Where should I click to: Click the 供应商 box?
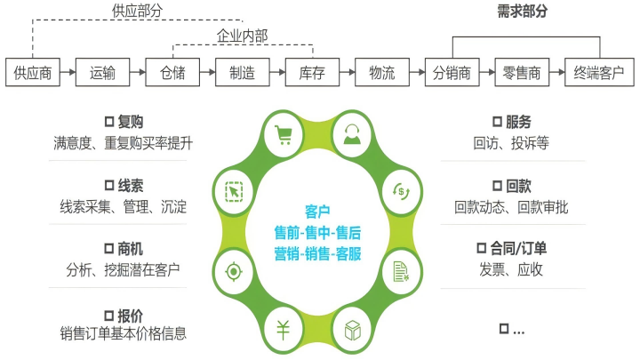(x=33, y=74)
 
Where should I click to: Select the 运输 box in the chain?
(x=102, y=74)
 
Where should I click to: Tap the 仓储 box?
(x=172, y=74)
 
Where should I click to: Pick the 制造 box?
(x=242, y=74)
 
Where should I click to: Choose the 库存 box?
(x=312, y=74)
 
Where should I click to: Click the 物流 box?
(x=381, y=74)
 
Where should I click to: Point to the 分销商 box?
(x=452, y=74)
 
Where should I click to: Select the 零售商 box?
(x=522, y=74)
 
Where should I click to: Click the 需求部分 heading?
(x=522, y=12)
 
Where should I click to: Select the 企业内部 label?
(x=242, y=36)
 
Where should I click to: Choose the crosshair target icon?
(x=234, y=270)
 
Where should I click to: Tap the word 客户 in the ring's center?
(x=317, y=212)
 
